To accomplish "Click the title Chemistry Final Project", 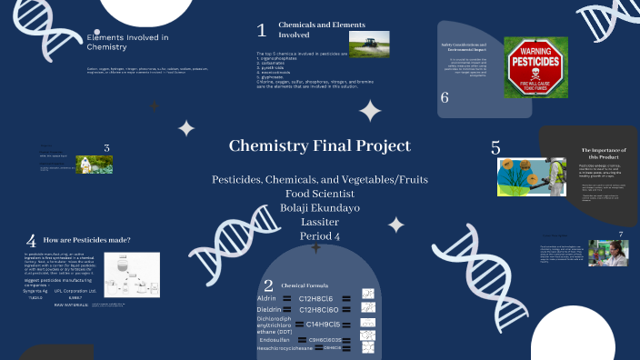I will [x=319, y=145].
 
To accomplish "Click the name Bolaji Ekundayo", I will [x=319, y=207].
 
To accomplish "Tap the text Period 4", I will [x=319, y=236].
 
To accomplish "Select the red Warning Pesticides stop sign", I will [x=535, y=67].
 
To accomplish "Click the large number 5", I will [x=495, y=147].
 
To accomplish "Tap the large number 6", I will [x=445, y=97].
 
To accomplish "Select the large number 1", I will [x=262, y=30].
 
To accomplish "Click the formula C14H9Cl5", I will [x=323, y=324].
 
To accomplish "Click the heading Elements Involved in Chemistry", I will [x=127, y=42].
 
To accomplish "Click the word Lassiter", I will [x=319, y=222].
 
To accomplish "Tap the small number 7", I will [x=620, y=234].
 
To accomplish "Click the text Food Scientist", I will [x=319, y=194].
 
